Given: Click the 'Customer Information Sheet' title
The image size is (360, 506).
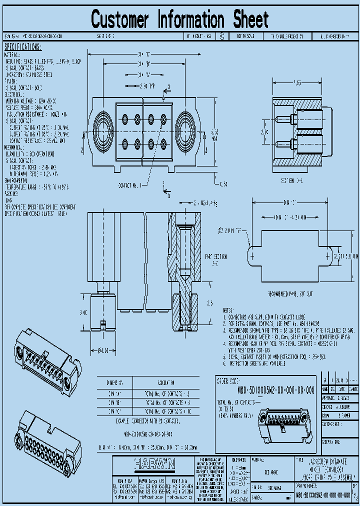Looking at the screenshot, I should pyautogui.click(x=180, y=20).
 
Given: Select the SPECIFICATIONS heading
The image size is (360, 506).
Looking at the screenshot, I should pyautogui.click(x=23, y=46).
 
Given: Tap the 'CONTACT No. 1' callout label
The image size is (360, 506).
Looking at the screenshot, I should pyautogui.click(x=130, y=185).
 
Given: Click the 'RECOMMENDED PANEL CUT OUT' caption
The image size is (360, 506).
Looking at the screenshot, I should pyautogui.click(x=290, y=293).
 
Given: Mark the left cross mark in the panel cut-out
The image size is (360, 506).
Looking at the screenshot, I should pyautogui.click(x=253, y=255).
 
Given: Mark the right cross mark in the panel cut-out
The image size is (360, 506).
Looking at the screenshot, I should pyautogui.click(x=327, y=255).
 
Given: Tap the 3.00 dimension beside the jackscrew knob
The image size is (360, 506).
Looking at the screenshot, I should pyautogui.click(x=83, y=312).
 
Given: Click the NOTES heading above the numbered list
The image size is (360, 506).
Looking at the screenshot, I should pyautogui.click(x=227, y=310).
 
